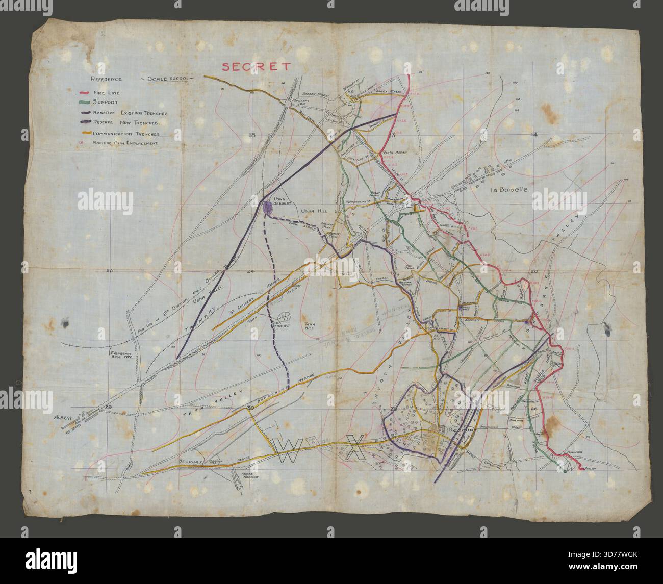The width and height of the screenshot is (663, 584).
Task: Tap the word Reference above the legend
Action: (x=106, y=80)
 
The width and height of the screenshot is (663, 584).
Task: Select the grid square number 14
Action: (x=534, y=134)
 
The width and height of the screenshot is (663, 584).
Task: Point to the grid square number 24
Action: (x=250, y=271)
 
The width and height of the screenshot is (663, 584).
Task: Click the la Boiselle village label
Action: (x=511, y=190)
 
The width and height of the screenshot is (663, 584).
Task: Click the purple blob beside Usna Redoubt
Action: (x=267, y=207)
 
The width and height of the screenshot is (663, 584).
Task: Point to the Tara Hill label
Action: (x=310, y=326)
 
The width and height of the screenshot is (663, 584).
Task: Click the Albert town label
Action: (x=62, y=417)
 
